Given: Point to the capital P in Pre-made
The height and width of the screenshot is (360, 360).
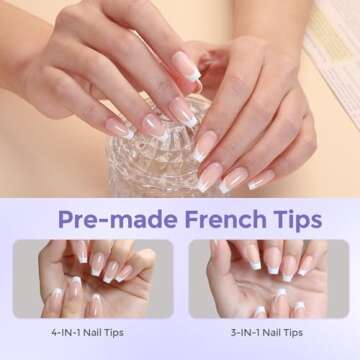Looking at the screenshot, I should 66,219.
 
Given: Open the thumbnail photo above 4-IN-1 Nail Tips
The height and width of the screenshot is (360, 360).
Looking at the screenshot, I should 93,278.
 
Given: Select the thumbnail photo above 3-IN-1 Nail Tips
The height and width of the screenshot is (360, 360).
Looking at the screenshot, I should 267,278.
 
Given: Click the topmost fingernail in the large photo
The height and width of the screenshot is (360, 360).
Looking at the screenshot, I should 186,63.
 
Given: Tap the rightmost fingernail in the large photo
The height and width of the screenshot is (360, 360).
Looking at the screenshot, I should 261,180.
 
